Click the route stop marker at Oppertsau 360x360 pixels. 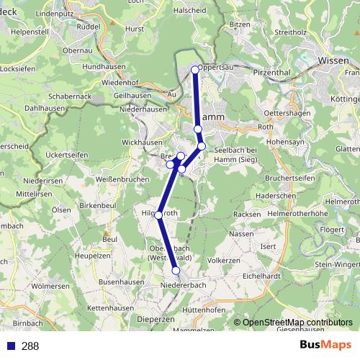click(x=195, y=69)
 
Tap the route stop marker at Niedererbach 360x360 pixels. click(x=176, y=270)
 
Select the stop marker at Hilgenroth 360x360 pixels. click(x=158, y=215)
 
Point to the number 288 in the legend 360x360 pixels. click(x=30, y=346)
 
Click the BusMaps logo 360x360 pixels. click(x=325, y=345)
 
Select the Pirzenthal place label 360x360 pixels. click(x=278, y=72)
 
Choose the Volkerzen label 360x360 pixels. click(x=223, y=260)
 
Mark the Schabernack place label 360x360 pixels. click(x=69, y=96)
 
